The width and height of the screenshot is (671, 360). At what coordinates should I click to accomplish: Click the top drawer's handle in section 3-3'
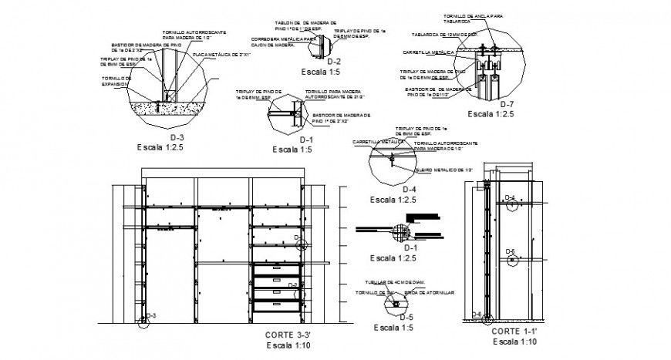pos(275,269)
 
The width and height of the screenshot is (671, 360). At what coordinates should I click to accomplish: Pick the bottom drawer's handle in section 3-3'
pos(275,305)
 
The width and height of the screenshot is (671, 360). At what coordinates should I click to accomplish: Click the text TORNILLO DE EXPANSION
pos(116,82)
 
